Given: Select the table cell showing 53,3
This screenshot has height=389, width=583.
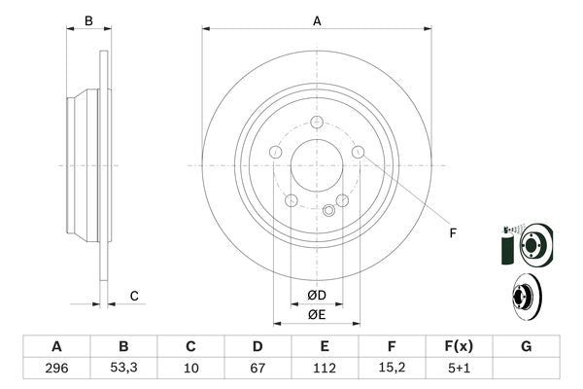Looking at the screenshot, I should [x=123, y=369].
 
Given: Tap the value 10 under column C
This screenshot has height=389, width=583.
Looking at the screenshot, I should [x=190, y=369].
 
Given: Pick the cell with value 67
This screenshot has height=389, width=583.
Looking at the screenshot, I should [x=257, y=369].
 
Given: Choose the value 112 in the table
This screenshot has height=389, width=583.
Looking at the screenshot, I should [x=325, y=369].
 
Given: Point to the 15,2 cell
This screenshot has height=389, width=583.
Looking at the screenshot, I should [x=392, y=369].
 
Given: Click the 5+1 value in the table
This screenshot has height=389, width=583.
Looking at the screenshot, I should [x=459, y=369].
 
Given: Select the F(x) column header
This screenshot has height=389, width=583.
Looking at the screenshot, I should [x=459, y=346].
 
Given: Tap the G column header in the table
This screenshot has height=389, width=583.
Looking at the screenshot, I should [x=526, y=346].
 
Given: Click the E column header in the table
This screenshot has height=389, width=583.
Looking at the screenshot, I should [x=325, y=346].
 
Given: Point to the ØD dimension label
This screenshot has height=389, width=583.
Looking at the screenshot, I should [x=316, y=295].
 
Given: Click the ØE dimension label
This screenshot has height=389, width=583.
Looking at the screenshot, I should [x=316, y=314].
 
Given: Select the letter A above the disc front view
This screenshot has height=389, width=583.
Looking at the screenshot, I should [x=317, y=20].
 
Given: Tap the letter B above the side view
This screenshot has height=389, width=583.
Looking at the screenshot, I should [x=87, y=20].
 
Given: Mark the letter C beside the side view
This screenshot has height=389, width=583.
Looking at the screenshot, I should [x=135, y=296].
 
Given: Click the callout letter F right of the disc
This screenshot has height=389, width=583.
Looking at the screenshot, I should [x=452, y=231].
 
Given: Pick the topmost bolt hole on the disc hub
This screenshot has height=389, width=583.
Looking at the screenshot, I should [x=317, y=123].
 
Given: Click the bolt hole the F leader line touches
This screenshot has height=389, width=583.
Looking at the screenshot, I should [x=358, y=152].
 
